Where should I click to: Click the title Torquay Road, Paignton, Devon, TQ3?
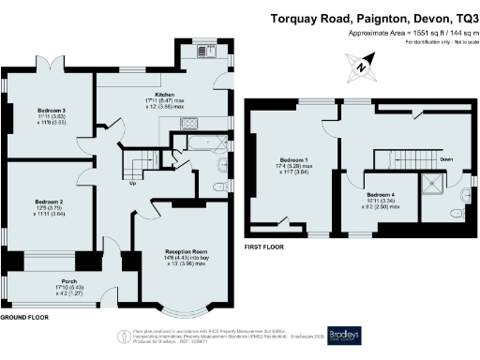coord(372,17)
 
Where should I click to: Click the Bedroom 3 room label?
coord(52,110)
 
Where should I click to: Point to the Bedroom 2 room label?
coord(49,202)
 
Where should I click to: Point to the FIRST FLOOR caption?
coord(265,247)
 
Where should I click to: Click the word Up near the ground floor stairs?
coord(131,183)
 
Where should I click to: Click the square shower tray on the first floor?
coord(436,183)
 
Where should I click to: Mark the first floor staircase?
coord(394,157)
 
